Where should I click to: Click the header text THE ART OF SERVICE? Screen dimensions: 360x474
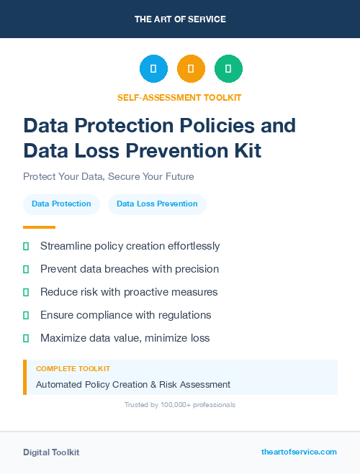(180, 19)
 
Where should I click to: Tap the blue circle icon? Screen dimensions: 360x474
(153, 69)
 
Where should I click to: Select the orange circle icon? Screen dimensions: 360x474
(191, 69)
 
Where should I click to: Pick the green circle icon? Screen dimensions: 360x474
(228, 69)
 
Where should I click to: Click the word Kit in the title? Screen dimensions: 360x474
(246, 150)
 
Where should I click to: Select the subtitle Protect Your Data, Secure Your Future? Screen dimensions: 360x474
(109, 176)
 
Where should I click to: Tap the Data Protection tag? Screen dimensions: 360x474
(61, 204)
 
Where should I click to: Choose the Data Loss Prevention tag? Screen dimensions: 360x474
(157, 204)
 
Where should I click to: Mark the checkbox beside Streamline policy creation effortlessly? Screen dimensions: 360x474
(26, 246)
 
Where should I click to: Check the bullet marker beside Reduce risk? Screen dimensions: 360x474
(26, 292)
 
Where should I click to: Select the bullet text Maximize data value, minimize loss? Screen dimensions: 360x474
(125, 338)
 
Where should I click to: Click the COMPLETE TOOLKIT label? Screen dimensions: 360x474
(73, 368)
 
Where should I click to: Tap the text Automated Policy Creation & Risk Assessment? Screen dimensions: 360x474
(133, 385)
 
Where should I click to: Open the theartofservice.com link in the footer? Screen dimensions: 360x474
(299, 452)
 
